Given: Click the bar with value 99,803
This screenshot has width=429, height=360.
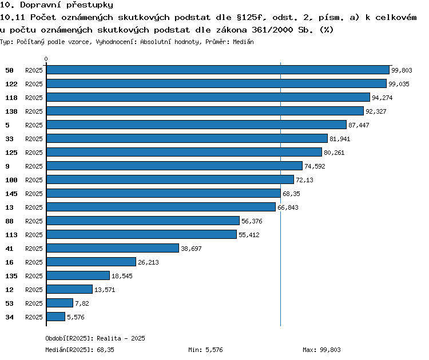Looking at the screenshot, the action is click(218, 70).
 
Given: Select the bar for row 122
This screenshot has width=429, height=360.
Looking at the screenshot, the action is click(216, 83).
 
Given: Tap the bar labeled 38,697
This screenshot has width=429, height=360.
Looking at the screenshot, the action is click(113, 248).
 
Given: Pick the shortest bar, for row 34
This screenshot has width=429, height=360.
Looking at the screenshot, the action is click(56, 317).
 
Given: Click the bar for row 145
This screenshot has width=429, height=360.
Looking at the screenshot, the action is click(164, 193).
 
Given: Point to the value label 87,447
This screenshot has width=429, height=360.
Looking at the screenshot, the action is click(359, 125).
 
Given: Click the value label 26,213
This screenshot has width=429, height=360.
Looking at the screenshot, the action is click(148, 262).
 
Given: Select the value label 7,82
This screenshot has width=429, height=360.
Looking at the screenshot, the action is click(82, 303).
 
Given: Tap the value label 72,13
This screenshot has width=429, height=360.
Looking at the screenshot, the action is click(304, 180).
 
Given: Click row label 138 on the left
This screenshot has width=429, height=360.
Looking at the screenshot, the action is click(11, 111).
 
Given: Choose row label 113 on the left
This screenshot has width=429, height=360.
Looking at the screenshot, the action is click(11, 235).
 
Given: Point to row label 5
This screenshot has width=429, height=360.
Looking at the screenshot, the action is click(7, 125).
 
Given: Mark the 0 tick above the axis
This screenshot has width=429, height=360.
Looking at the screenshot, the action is click(46, 59).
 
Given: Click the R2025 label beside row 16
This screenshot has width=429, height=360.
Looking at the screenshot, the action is click(34, 262).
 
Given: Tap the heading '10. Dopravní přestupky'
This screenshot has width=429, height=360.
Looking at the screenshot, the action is click(57, 5).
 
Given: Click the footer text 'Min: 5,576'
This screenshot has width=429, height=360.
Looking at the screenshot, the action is click(205, 350).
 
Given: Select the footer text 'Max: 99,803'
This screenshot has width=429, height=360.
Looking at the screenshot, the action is click(321, 350).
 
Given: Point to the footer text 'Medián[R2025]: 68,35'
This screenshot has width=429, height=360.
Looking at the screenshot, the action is click(80, 350).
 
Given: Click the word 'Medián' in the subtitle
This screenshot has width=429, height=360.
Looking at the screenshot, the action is click(243, 42).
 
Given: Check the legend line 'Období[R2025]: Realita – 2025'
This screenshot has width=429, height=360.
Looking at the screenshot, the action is click(95, 338).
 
